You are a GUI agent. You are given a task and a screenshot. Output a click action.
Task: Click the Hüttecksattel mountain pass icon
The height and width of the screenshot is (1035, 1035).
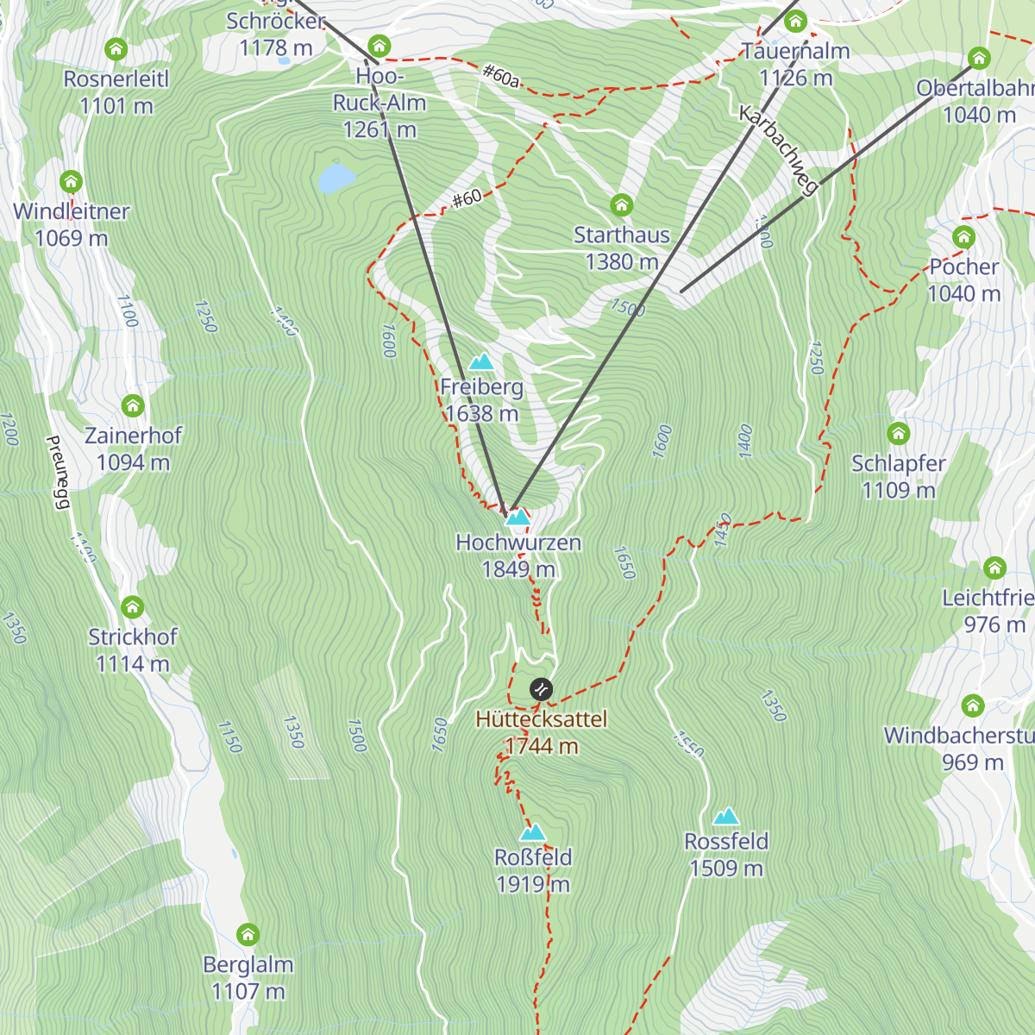tap(541, 689)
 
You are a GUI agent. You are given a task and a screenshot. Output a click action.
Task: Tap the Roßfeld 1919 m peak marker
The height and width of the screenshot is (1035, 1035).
tap(533, 832)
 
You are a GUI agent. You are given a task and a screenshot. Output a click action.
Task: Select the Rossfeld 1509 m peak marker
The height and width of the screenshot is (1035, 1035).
tap(726, 817)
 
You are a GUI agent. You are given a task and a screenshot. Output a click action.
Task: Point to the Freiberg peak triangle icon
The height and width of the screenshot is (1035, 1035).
tap(481, 362)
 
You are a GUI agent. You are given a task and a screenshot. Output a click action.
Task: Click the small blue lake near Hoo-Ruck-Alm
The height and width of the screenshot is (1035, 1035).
tap(336, 179)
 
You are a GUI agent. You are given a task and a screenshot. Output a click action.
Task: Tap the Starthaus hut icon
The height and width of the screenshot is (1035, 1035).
tap(622, 205)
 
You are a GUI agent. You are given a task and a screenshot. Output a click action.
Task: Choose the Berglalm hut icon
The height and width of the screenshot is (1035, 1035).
tap(248, 935)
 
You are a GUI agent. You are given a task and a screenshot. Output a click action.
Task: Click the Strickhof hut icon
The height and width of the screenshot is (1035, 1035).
tap(132, 607)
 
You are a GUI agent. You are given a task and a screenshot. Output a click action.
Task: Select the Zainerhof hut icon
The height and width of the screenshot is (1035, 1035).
tap(133, 405)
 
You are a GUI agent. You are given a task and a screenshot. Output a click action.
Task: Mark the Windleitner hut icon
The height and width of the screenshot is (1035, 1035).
tap(71, 182)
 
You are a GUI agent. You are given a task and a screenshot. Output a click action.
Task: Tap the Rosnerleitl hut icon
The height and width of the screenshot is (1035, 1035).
tap(116, 49)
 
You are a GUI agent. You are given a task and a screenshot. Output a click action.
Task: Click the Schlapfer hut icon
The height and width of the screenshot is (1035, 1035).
tap(899, 433)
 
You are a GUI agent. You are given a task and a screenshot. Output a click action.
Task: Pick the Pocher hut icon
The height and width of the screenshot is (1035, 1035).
tap(963, 237)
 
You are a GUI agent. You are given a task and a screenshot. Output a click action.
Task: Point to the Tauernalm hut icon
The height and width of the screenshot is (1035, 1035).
tap(795, 22)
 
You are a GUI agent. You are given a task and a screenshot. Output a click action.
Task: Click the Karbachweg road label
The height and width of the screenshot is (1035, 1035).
tap(778, 151)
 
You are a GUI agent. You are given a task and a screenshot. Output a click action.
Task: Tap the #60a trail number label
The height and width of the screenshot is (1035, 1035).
tap(501, 76)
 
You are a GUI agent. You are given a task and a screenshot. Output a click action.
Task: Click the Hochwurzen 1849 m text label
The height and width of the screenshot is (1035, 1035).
tap(518, 555)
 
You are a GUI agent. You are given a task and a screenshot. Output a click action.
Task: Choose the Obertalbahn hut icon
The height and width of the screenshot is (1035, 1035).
tap(979, 59)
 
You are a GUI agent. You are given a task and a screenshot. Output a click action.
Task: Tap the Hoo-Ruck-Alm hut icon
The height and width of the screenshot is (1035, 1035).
tap(379, 47)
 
